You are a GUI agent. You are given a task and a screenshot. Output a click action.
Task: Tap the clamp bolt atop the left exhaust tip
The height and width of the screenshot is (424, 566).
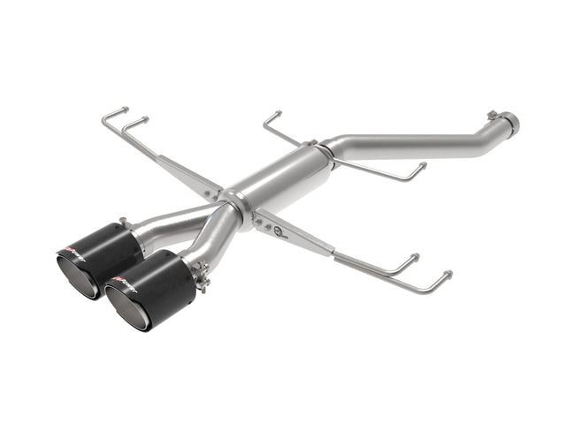(x=124, y=223)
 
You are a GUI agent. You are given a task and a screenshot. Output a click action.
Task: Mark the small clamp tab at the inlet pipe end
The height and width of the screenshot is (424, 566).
(x=493, y=115)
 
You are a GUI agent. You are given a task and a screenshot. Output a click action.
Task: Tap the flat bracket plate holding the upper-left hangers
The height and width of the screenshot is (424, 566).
(x=190, y=177)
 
